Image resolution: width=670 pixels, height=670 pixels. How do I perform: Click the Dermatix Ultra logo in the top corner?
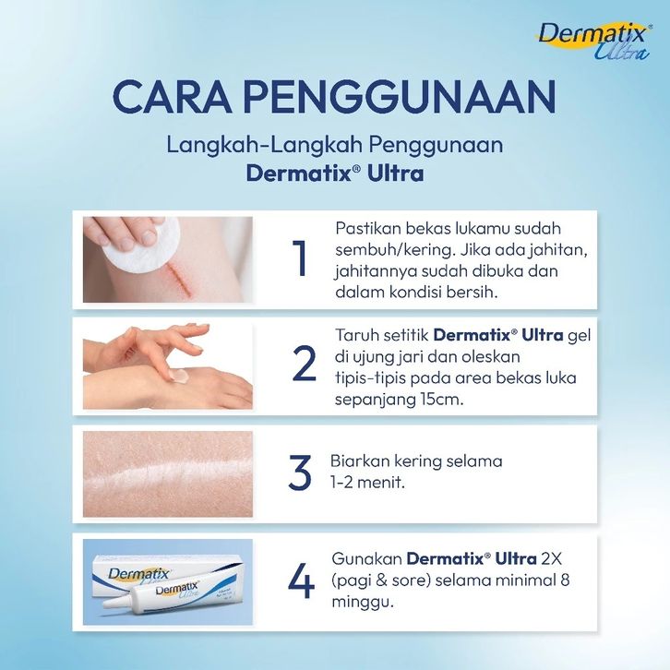[x=594, y=41]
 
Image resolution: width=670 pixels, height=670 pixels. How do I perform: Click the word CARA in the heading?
[x=173, y=97]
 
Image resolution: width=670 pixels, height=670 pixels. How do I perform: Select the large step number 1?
[x=300, y=258]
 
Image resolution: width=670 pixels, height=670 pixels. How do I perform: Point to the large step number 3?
[x=300, y=473]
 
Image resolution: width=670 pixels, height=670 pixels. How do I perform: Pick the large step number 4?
[x=301, y=581]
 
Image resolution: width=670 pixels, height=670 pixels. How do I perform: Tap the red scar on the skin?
[x=179, y=279]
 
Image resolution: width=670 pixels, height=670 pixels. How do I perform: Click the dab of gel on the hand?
[x=180, y=377]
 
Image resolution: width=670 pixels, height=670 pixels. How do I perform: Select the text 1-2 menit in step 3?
[x=366, y=483]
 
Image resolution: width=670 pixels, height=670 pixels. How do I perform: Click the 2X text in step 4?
[x=556, y=558]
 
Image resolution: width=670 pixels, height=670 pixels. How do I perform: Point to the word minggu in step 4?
[x=362, y=604]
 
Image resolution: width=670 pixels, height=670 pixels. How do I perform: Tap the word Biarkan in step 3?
[x=360, y=461]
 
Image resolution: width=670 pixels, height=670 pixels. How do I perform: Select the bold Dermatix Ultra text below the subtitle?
[x=335, y=173]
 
